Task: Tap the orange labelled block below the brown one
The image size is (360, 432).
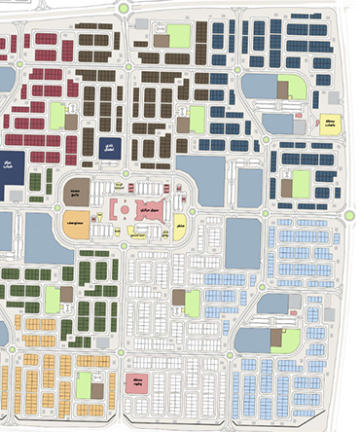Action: point(75,222)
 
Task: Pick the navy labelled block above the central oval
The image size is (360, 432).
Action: point(108,148)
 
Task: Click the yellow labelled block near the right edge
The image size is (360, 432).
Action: point(329,125)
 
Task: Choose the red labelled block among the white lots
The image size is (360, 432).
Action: point(136,380)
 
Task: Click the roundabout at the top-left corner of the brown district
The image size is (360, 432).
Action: point(125,9)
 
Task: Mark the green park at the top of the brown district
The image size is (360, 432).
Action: point(178,36)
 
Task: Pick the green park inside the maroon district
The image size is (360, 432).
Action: point(58,116)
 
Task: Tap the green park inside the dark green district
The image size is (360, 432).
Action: point(53,300)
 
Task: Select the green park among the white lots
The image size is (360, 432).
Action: point(194,305)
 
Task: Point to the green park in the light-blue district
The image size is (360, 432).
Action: point(288,338)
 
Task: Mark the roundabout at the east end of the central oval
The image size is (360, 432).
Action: point(193,211)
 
